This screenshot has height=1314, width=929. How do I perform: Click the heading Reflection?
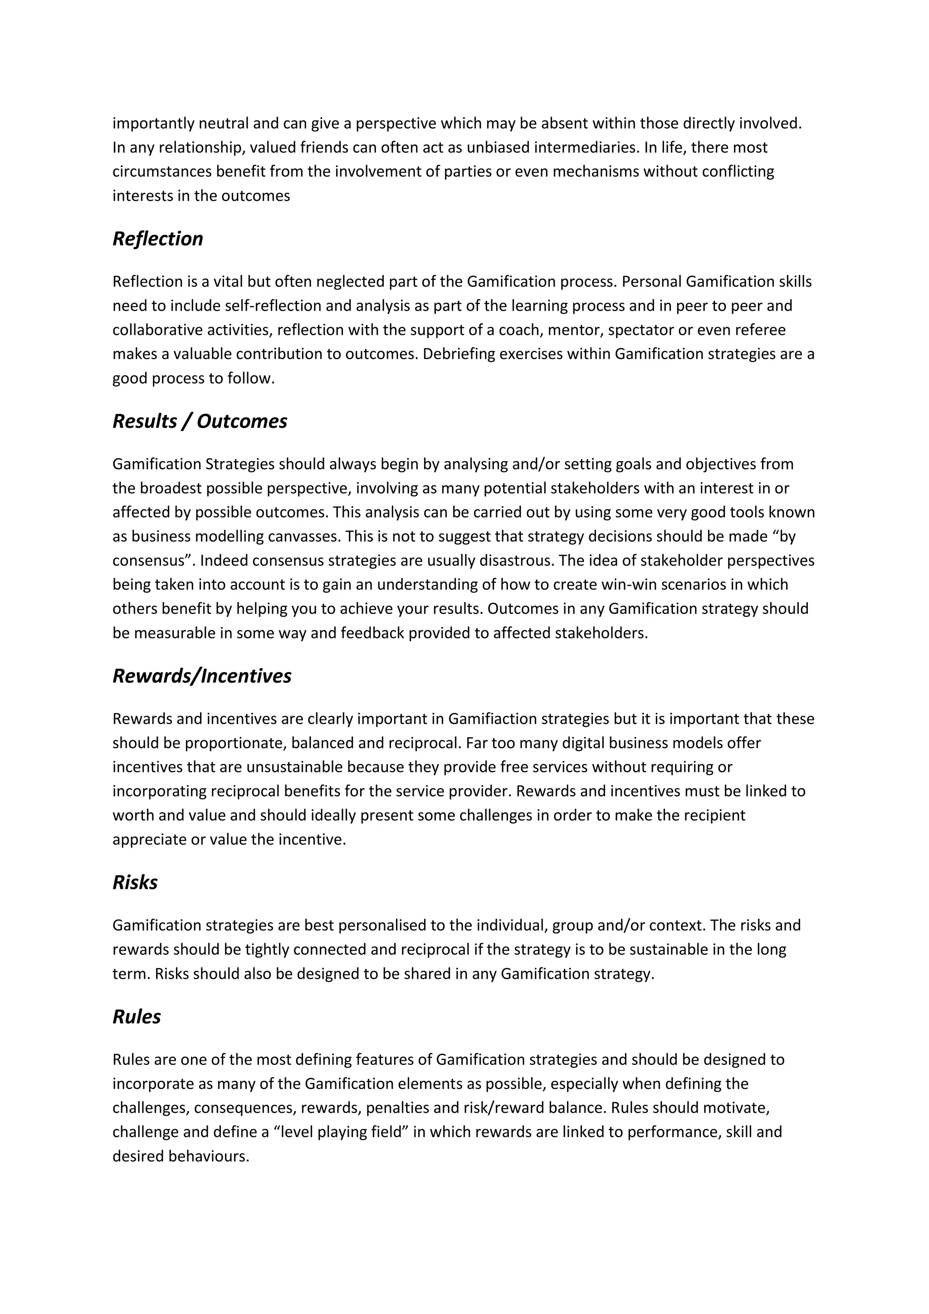(x=157, y=239)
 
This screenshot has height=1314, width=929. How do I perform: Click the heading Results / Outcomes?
(x=200, y=421)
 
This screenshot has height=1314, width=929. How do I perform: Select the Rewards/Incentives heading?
(x=201, y=676)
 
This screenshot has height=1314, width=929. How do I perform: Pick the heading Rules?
(x=136, y=1017)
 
